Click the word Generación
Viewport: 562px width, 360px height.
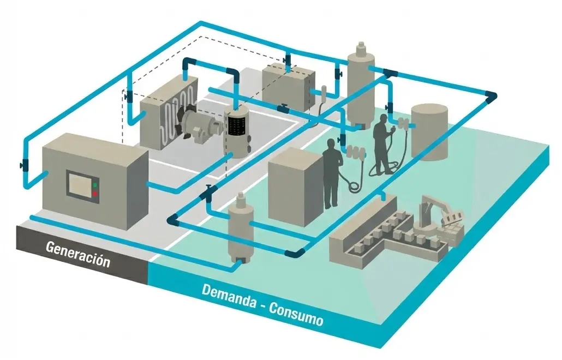[77, 254]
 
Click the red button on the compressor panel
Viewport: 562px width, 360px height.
[95, 193]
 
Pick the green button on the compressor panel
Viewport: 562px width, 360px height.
[95, 185]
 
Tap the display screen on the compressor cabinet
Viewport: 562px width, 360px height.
[79, 184]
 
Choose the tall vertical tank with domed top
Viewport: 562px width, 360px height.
[360, 87]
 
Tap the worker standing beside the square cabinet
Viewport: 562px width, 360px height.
[331, 172]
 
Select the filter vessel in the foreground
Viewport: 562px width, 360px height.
[240, 229]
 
